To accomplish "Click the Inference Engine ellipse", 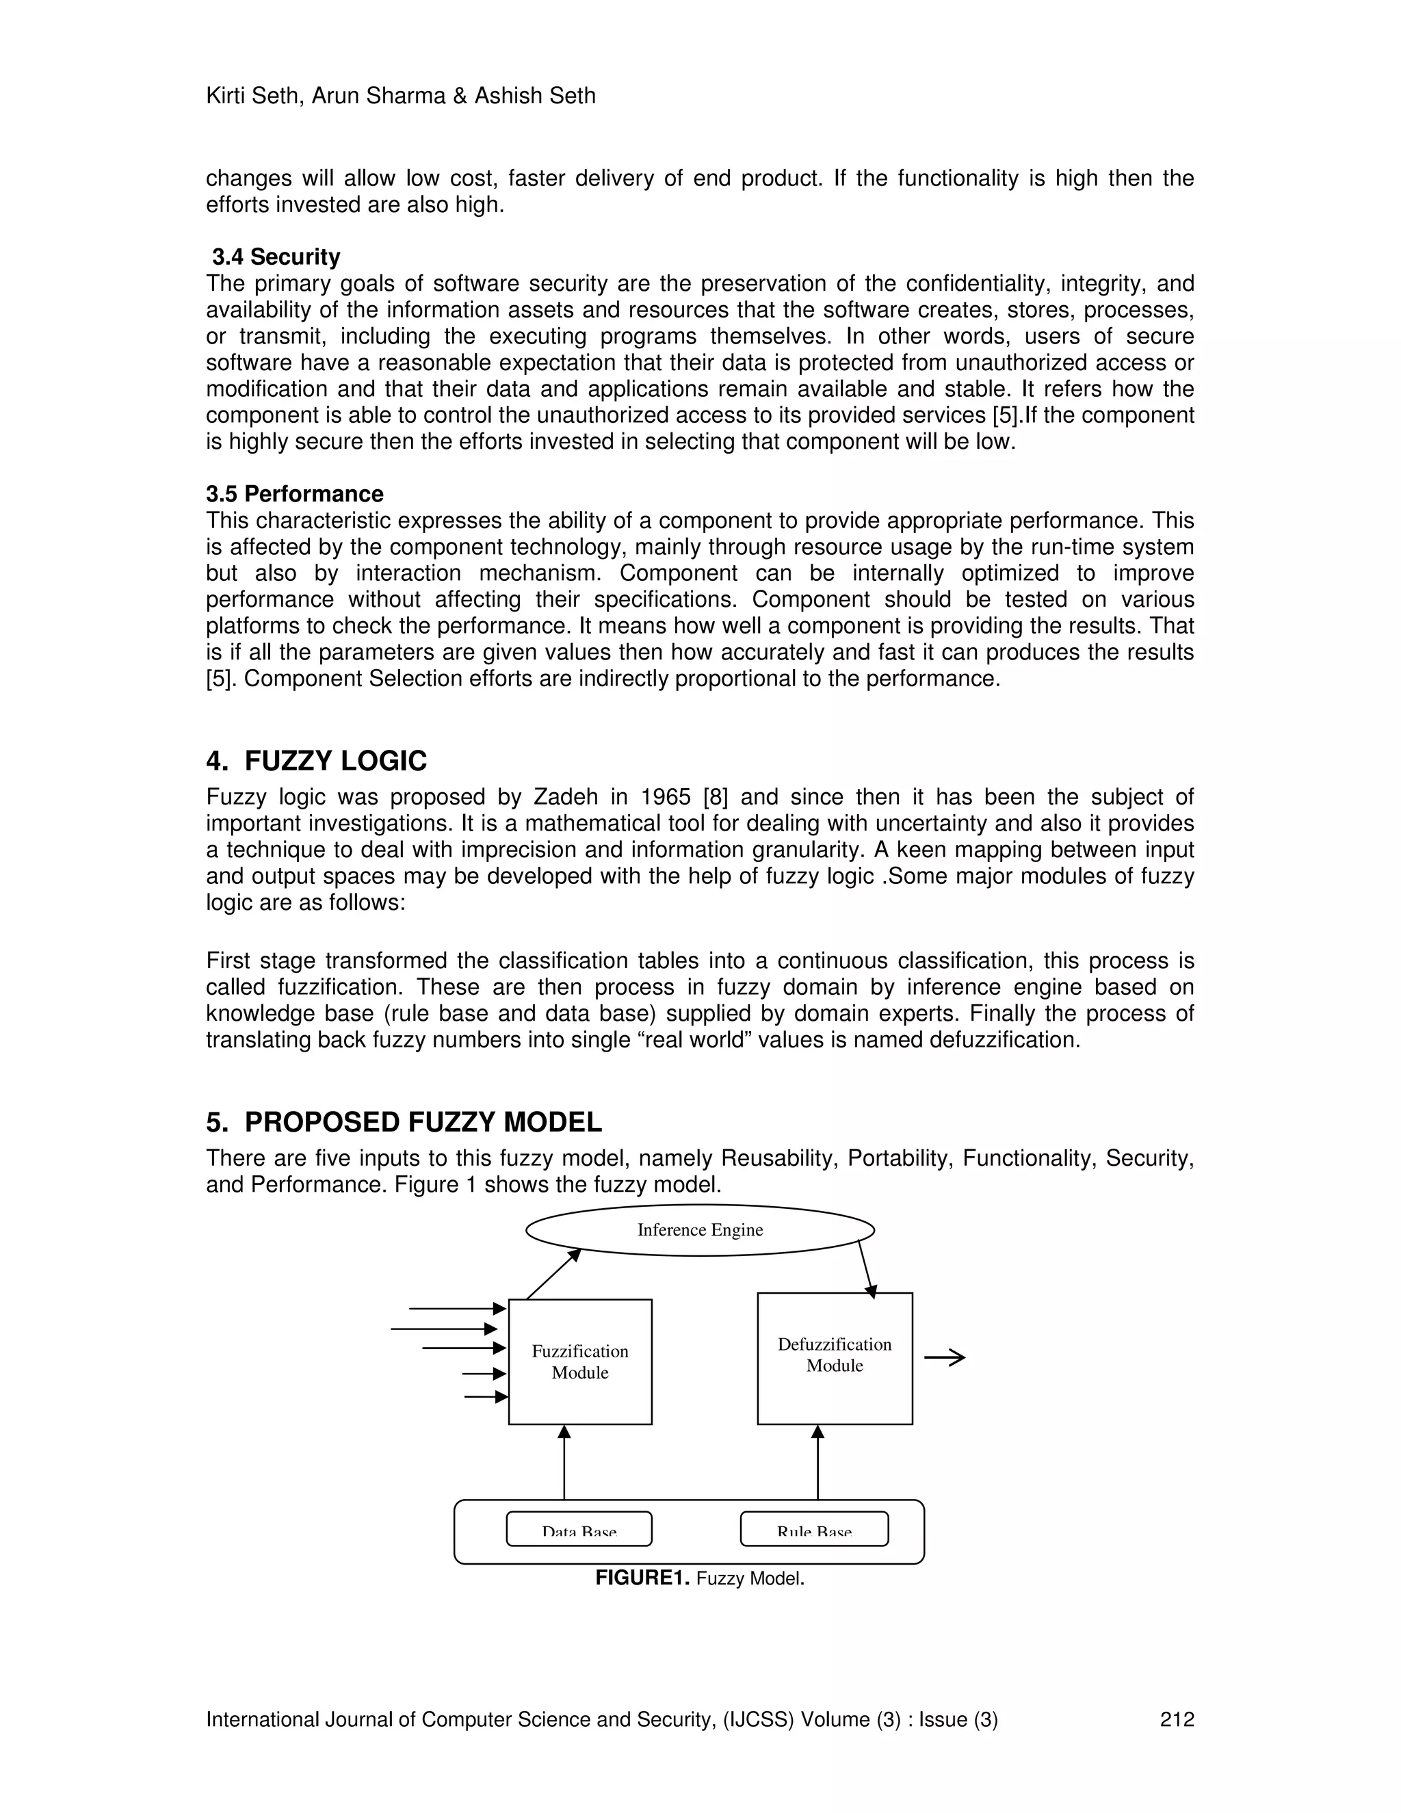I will point(700,1230).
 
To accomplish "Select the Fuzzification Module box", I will point(579,1361).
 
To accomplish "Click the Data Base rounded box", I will point(579,1529).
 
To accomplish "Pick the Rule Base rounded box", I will point(813,1529).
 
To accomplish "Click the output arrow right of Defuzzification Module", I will point(945,1358).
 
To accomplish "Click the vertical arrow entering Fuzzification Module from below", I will point(564,1463).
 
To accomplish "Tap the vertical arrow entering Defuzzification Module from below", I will point(817,1463).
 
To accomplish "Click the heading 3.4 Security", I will point(276,257).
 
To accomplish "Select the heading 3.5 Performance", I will point(295,494).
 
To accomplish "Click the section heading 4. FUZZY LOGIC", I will point(316,760).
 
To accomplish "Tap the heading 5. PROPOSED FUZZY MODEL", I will point(404,1121).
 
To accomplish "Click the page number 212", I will point(1176,1719).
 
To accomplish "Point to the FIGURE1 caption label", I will point(642,1578).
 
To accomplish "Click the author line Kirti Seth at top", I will point(400,96).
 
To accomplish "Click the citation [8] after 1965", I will point(715,797).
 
